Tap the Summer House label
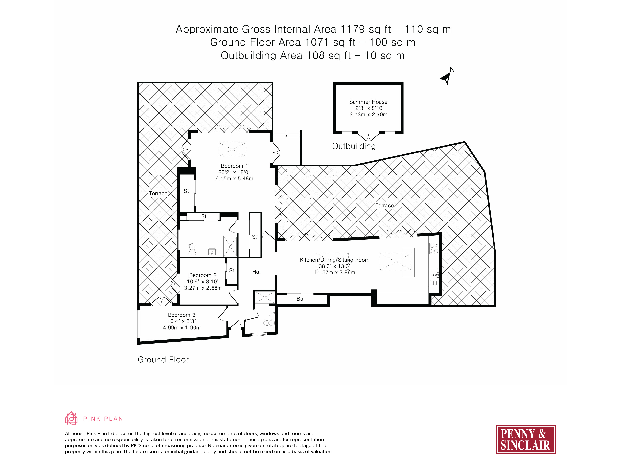tap(368, 102)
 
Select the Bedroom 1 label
tap(234, 166)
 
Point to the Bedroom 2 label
tap(203, 275)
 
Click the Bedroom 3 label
tap(182, 315)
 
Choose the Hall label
tap(257, 272)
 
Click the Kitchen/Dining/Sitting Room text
tap(335, 260)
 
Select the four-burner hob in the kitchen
tap(434, 248)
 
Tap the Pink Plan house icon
tap(71, 418)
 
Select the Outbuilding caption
tap(354, 146)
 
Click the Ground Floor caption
tap(163, 360)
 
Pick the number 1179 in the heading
tap(353, 29)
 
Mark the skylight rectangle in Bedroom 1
tap(232, 149)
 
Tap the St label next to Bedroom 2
tap(232, 271)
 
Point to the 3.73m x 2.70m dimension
tap(368, 115)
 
